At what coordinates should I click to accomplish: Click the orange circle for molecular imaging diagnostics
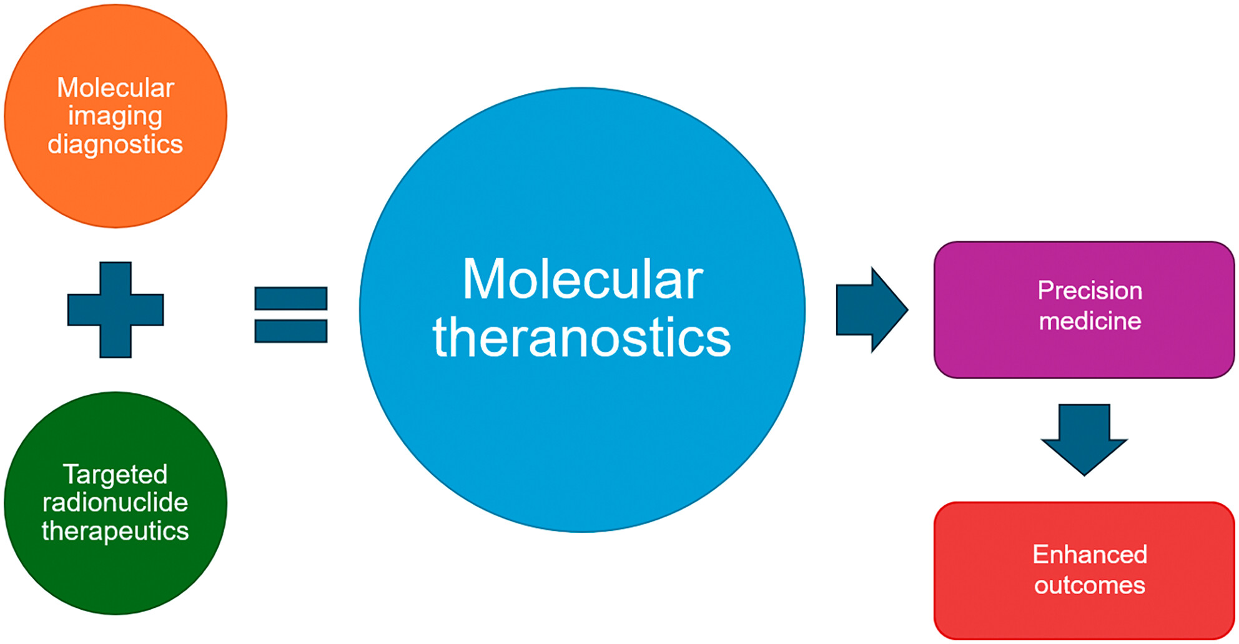click(116, 116)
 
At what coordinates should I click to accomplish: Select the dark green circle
click(116, 503)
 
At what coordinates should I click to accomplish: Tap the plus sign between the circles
click(116, 310)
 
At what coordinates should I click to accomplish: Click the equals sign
click(291, 315)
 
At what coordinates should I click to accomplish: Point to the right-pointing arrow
click(872, 310)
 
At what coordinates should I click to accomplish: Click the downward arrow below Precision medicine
click(1084, 440)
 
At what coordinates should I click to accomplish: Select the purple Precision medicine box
click(1084, 310)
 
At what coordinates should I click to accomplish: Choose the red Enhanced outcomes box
click(1084, 570)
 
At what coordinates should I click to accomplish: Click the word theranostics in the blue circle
click(582, 337)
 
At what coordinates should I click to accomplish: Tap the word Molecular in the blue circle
click(583, 279)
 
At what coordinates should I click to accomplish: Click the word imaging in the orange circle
click(116, 117)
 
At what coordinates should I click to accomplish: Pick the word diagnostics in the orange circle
click(116, 145)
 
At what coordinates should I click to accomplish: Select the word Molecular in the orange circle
click(116, 88)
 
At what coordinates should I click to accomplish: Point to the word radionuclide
click(116, 503)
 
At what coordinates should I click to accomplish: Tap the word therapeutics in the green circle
click(116, 532)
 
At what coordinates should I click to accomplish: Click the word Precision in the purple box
click(1090, 290)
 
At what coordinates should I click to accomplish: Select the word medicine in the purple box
click(1090, 321)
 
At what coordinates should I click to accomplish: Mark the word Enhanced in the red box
click(1090, 555)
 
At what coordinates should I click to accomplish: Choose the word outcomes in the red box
click(1090, 585)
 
